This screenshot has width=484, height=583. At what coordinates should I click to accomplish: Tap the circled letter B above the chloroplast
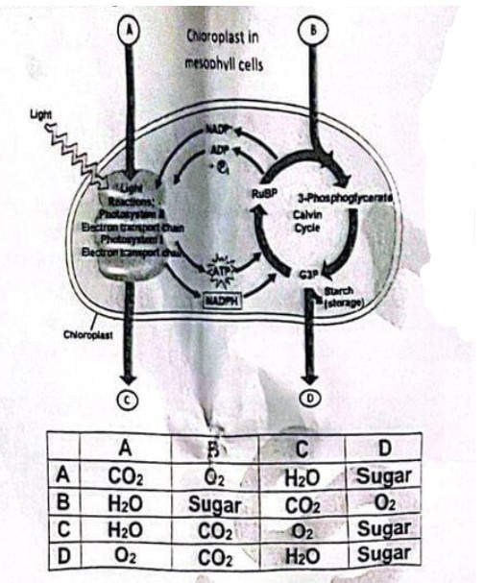coord(312,30)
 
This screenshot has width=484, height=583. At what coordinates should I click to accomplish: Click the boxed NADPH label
coord(224,299)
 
